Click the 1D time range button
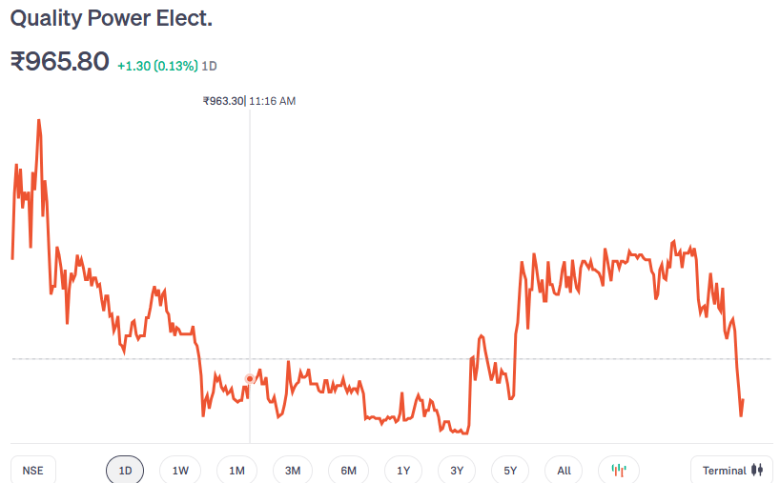tap(125, 471)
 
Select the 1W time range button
tap(180, 471)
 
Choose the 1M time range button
tap(236, 471)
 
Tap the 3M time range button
tap(293, 471)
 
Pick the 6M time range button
tap(348, 471)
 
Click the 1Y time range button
tap(403, 471)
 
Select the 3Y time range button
tap(457, 471)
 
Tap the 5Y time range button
tap(510, 471)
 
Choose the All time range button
tap(564, 471)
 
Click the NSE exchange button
tap(33, 471)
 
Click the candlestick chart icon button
tap(619, 471)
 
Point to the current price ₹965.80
tap(59, 62)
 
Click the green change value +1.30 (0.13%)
tap(157, 67)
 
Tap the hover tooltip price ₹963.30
tap(223, 101)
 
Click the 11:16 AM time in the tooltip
tap(273, 101)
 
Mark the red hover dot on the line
tap(250, 378)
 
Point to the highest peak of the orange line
tap(38, 120)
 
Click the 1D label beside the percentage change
tap(210, 67)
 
